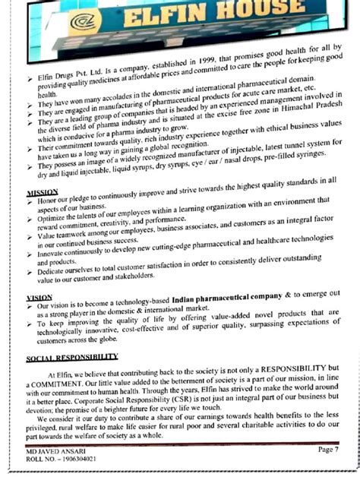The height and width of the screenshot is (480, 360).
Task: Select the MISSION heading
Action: (x=42, y=192)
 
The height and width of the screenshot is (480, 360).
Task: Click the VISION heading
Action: (x=39, y=297)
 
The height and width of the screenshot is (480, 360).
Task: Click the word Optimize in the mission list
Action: (x=52, y=218)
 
